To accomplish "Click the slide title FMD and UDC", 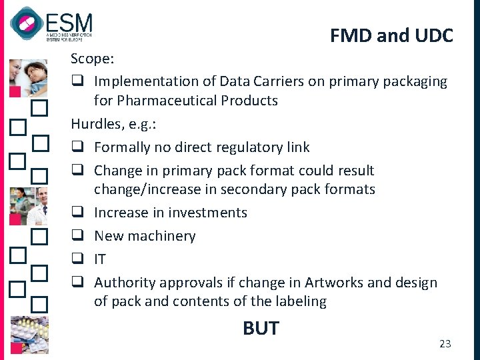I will point(391,35).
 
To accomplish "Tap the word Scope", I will point(92,59).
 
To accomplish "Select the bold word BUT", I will point(261,328).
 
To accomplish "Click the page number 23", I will point(445,343).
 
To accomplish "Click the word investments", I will point(207,213).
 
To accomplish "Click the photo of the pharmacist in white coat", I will point(28,205).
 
